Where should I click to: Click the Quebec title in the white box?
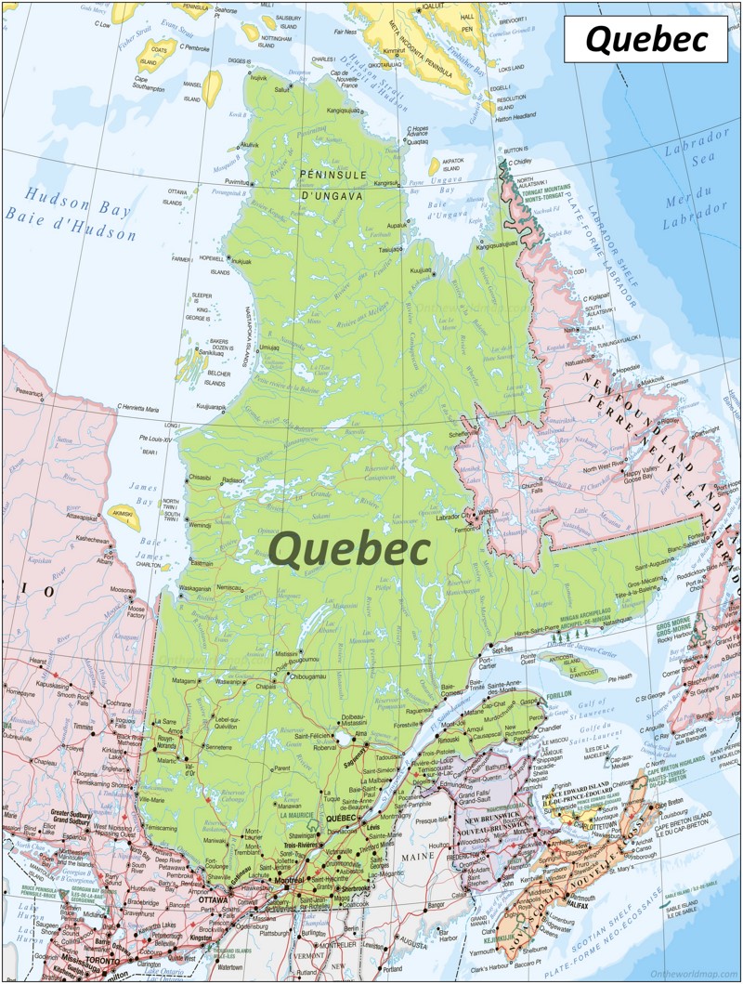pyautogui.click(x=645, y=39)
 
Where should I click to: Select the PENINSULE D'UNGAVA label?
pyautogui.click(x=332, y=183)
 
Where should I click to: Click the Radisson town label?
pyautogui.click(x=232, y=480)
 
